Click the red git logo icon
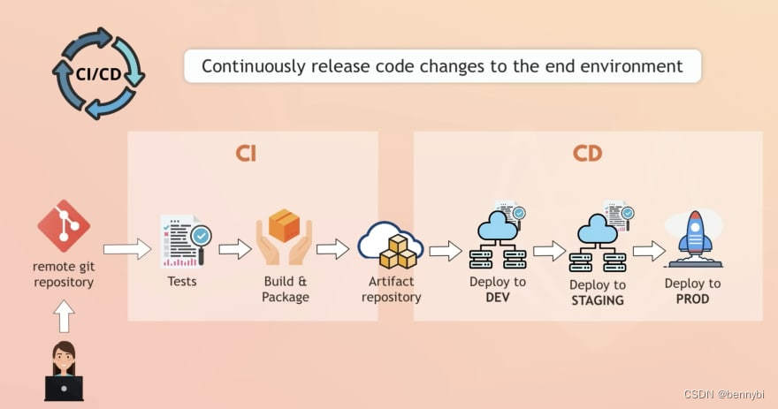64,226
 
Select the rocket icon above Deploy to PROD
695,239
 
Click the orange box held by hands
285,224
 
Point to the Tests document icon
186,241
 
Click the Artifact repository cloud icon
391,245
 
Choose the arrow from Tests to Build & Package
234,249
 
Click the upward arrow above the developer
64,316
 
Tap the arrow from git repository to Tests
127,249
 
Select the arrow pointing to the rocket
649,251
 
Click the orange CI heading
246,154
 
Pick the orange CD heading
587,154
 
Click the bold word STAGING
598,300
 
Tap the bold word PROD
692,299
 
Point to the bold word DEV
497,298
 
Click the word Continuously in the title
253,66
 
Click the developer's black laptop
64,388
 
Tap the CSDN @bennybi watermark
724,395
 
